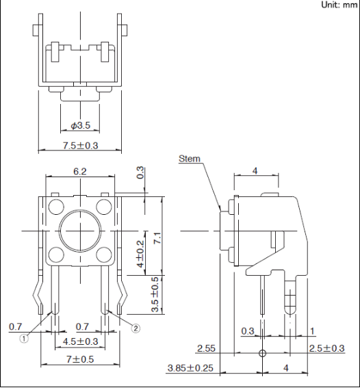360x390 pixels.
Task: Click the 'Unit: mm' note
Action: pos(339,5)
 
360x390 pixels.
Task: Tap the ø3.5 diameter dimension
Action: pos(80,125)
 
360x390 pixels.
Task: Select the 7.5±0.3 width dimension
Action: pos(80,146)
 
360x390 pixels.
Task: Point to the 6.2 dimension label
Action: pos(80,171)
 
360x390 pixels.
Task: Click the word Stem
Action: pos(190,159)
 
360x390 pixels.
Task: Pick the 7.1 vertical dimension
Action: pos(157,238)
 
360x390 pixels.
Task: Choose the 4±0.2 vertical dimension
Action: pos(140,254)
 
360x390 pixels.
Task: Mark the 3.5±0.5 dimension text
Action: pos(155,294)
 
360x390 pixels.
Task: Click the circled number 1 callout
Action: pos(24,339)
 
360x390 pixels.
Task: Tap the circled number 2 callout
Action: pos(136,328)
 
